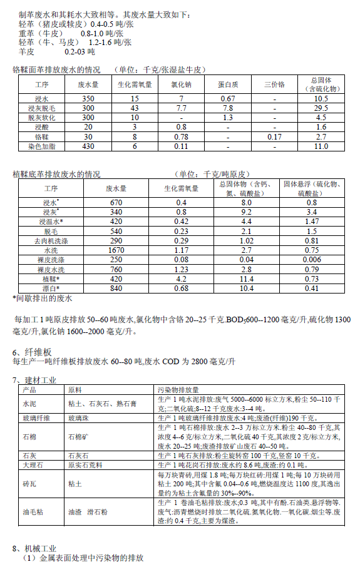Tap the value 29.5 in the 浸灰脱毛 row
tap(321, 108)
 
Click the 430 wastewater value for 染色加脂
tap(88, 146)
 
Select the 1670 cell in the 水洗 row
tap(116, 250)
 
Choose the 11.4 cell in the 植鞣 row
tap(246, 278)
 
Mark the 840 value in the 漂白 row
tap(116, 288)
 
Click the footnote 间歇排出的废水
tap(43, 299)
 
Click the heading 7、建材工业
tap(36, 380)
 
